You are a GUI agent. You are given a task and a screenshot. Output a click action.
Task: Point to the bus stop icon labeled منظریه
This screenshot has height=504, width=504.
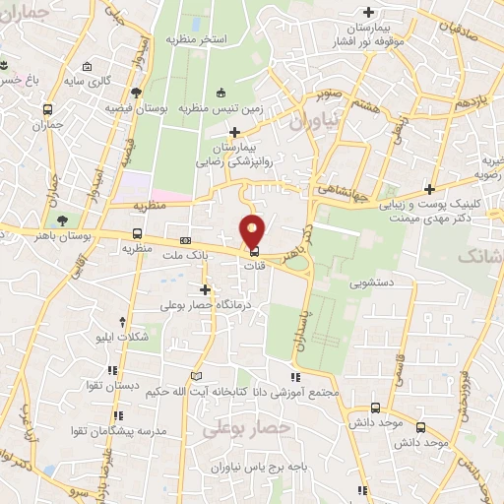click(x=137, y=235)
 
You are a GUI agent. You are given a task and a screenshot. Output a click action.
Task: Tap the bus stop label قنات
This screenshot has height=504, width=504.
click(x=255, y=264)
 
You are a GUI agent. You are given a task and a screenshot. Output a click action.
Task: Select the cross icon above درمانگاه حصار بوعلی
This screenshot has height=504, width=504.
click(x=206, y=289)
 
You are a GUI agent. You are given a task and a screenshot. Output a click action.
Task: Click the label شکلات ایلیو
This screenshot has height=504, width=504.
click(x=146, y=337)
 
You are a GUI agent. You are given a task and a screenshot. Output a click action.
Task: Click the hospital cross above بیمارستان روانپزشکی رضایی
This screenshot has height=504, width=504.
click(x=234, y=133)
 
